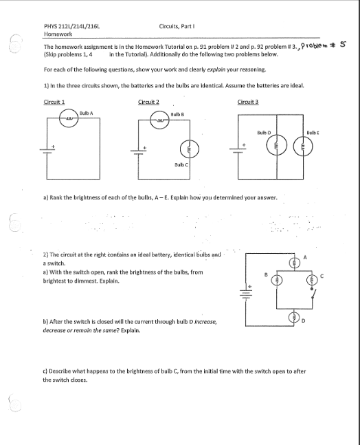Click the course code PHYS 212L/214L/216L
67,25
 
